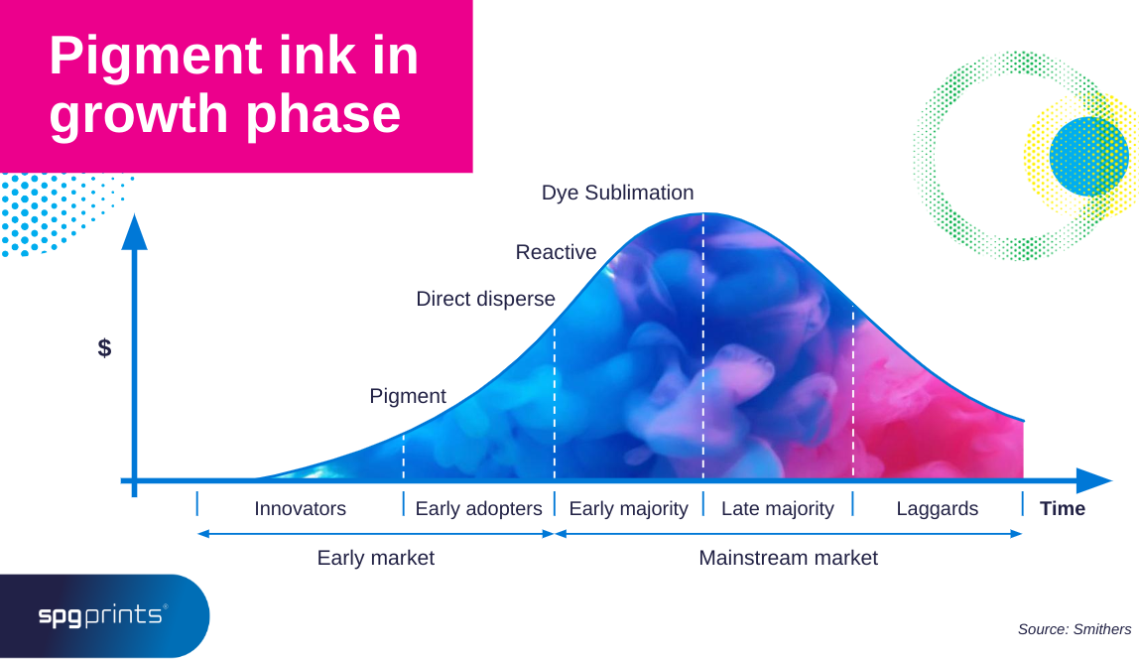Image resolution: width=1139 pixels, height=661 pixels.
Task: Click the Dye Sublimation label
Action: coord(617,193)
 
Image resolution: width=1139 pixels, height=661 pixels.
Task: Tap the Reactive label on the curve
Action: coord(556,252)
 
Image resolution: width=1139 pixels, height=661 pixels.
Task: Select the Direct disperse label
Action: coord(485,299)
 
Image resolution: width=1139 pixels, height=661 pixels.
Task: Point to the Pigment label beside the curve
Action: coord(408,396)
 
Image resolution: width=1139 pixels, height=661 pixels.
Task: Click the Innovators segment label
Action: coord(300,509)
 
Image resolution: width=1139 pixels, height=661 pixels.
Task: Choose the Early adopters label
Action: coord(478,509)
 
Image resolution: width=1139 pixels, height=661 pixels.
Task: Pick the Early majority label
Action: coord(628,509)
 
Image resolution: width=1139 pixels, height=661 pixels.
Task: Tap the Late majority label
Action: coord(777,509)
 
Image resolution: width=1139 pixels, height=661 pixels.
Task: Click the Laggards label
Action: coord(937,509)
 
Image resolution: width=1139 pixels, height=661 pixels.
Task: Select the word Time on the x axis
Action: coord(1062,509)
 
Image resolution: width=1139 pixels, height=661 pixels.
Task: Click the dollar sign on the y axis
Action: coord(104,348)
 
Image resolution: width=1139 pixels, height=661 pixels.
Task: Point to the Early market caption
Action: coord(375,558)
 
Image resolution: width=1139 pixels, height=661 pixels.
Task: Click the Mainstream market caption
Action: coord(788,558)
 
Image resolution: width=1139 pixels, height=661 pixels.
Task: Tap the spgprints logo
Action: coord(102,616)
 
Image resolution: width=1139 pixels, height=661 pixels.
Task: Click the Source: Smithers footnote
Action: coord(1074,629)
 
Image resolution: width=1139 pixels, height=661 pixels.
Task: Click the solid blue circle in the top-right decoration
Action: coord(1088,156)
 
